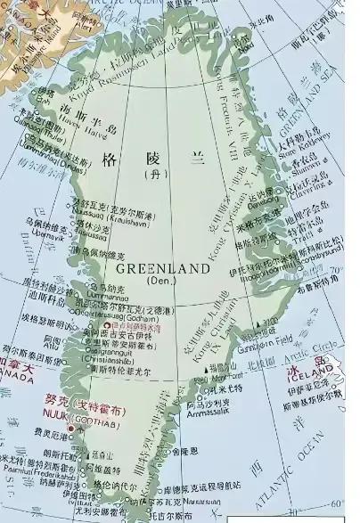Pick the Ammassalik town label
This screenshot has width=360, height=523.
coord(207,412)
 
